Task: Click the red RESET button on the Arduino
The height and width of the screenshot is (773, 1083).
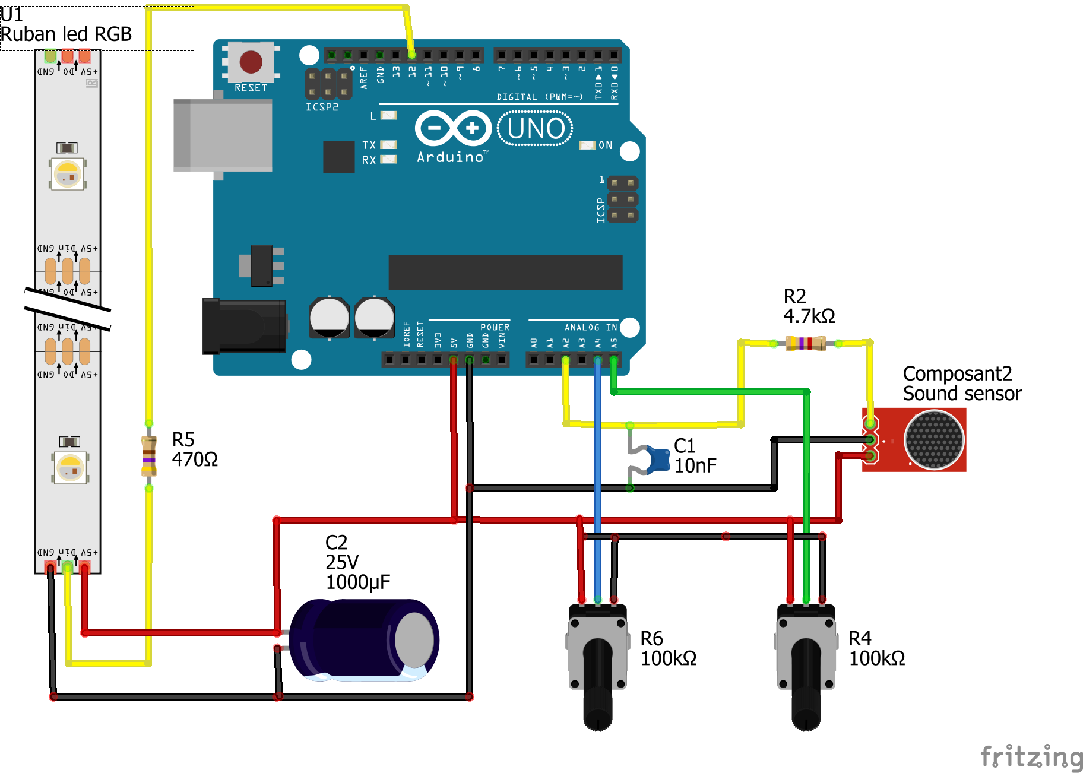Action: (x=251, y=61)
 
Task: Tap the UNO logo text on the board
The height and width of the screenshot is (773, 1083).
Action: (x=536, y=128)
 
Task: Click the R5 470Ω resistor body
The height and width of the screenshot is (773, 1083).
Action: (x=148, y=456)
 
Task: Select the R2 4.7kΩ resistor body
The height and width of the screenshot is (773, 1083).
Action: (x=805, y=343)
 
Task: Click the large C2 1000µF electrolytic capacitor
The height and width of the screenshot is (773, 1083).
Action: (x=363, y=640)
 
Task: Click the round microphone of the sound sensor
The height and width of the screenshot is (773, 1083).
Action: (x=933, y=440)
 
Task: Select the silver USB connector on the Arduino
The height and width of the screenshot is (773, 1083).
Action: (x=223, y=135)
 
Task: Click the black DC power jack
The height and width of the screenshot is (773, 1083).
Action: (x=243, y=327)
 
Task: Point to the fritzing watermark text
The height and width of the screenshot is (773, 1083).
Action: (x=1031, y=758)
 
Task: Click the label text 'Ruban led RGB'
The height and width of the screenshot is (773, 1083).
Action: (x=66, y=34)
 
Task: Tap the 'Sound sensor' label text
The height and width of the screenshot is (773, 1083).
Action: (x=962, y=394)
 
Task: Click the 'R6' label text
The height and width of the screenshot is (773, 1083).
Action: (x=651, y=639)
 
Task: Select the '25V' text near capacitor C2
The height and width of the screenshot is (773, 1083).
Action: (x=342, y=562)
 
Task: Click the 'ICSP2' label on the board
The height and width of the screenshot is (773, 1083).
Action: (x=322, y=107)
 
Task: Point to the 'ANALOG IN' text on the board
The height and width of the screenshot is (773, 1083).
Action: (x=590, y=327)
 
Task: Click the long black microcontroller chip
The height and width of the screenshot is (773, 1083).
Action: (x=505, y=272)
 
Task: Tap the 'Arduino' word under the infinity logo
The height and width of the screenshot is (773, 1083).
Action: (x=450, y=157)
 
